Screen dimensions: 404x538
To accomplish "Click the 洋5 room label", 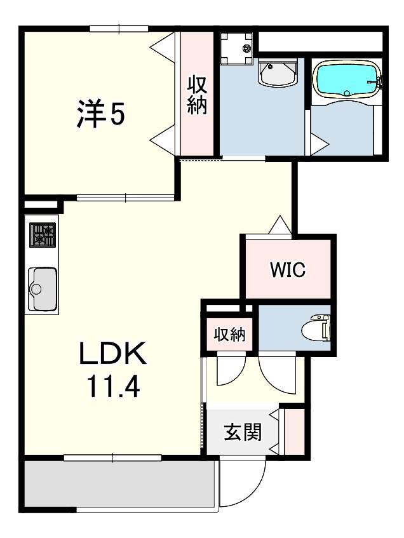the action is tap(100, 114).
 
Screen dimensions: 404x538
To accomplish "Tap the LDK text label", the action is tap(112, 354).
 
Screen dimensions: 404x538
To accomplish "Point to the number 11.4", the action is tap(114, 386).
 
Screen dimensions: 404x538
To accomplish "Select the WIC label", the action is tap(288, 270).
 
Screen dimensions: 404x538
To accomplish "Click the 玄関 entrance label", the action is tap(243, 432).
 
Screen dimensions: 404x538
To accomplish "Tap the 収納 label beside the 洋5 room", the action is tap(197, 95).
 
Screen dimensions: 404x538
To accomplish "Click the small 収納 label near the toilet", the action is tap(229, 334).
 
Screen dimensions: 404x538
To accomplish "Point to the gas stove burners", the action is tap(43, 234).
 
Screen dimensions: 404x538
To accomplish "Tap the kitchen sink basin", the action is tap(43, 288).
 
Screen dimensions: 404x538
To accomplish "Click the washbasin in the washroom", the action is tap(278, 73).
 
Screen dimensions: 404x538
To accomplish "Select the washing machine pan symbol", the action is tap(236, 48).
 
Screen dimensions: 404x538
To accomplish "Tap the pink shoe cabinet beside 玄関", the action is tap(295, 431).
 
